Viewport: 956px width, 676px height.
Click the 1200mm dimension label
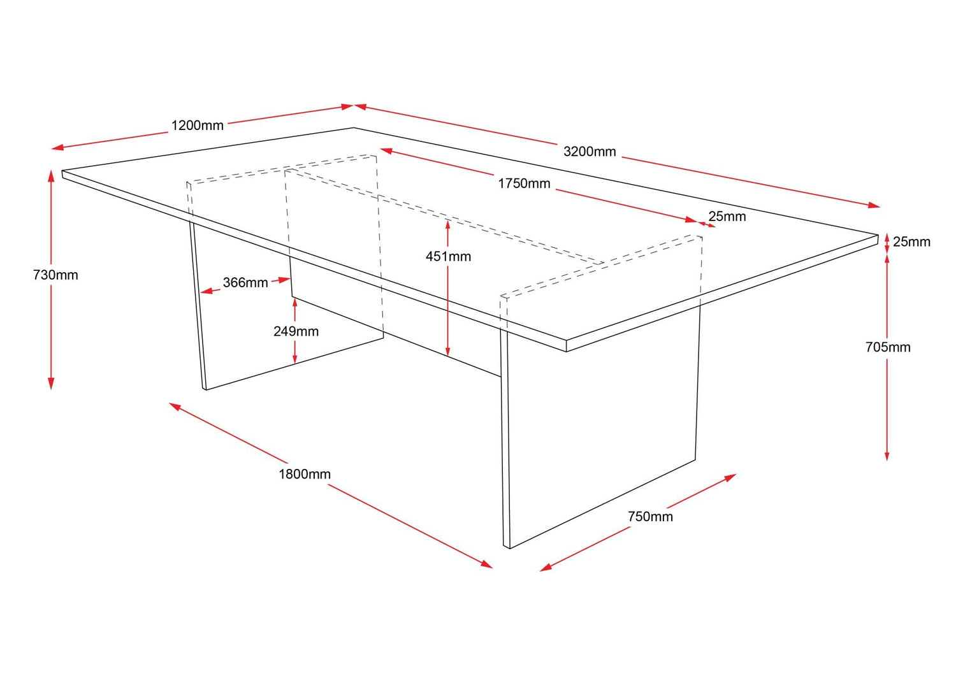pyautogui.click(x=197, y=126)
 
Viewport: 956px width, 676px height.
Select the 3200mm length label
pyautogui.click(x=590, y=152)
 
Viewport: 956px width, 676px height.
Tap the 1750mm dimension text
pyautogui.click(x=524, y=183)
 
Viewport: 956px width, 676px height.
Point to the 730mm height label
pyautogui.click(x=55, y=275)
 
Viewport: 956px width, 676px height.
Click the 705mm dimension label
pyautogui.click(x=888, y=347)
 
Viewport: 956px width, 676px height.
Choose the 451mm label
pyautogui.click(x=448, y=257)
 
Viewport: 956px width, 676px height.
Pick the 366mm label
pyautogui.click(x=245, y=282)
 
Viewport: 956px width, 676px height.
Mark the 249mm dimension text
pyautogui.click(x=296, y=331)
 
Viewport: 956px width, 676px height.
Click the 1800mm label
pyautogui.click(x=305, y=474)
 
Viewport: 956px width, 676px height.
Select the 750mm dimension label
pyautogui.click(x=650, y=516)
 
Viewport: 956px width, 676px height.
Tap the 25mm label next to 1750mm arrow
pyautogui.click(x=727, y=217)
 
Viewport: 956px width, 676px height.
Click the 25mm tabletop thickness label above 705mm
pyautogui.click(x=911, y=241)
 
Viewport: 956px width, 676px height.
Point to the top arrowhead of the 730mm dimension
pyautogui.click(x=51, y=175)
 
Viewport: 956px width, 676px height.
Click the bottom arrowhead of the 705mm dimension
pyautogui.click(x=887, y=456)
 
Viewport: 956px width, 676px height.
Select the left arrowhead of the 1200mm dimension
pyautogui.click(x=57, y=148)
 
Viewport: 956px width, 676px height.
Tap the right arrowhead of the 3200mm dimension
pyautogui.click(x=874, y=205)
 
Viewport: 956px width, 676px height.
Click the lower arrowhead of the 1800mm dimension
pyautogui.click(x=487, y=565)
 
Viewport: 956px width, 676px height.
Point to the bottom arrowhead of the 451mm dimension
pyautogui.click(x=447, y=351)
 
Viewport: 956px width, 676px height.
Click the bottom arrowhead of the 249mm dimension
pyautogui.click(x=295, y=359)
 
